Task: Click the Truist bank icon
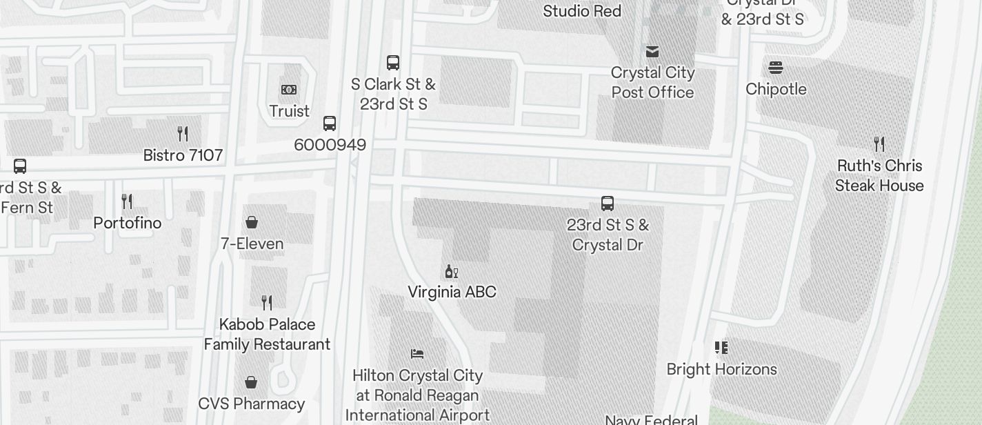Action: pos(289,90)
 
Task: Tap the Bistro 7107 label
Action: pos(183,155)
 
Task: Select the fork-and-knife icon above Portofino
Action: pos(127,201)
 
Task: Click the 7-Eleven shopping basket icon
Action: pos(252,222)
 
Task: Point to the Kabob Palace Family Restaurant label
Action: pos(267,334)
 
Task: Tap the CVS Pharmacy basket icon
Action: pos(252,382)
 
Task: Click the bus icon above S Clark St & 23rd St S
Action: pos(393,63)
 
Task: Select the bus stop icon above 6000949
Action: pos(330,123)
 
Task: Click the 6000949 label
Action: pos(330,145)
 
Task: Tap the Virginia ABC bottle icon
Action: pos(452,271)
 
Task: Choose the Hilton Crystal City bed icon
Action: pos(417,354)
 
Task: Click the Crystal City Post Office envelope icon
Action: pos(652,52)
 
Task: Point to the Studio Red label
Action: pos(582,11)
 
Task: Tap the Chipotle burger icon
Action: pos(776,68)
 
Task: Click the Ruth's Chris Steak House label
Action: pos(879,175)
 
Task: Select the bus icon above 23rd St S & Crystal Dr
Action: pos(608,204)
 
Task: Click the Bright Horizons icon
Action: pos(721,348)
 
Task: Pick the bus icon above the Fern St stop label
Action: pos(20,166)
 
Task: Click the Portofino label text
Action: pos(128,223)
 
